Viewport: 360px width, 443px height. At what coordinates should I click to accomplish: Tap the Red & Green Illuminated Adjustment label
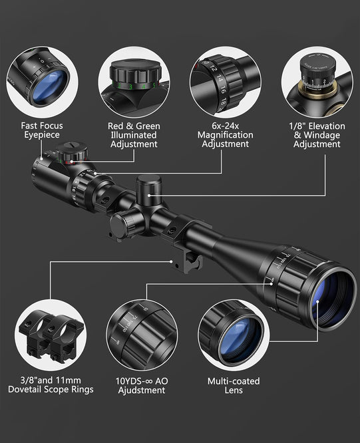coord(134,134)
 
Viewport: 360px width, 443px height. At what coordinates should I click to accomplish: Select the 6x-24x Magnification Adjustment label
coord(225,134)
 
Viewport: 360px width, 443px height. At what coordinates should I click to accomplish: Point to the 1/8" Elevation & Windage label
coord(317,134)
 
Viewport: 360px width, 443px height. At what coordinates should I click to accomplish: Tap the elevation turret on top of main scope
coord(147,188)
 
